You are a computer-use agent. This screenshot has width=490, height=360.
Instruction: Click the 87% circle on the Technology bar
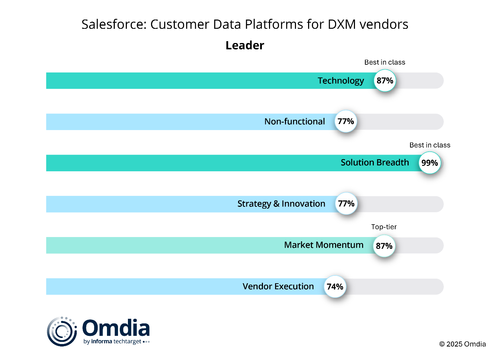[x=385, y=81]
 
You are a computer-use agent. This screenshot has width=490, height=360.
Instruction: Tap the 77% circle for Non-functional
[x=346, y=121]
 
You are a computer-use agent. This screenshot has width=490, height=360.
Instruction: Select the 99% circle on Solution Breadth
[x=430, y=163]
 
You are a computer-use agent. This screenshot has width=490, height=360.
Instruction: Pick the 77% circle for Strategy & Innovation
[x=346, y=204]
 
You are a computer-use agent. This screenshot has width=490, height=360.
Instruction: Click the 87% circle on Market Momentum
[x=384, y=246]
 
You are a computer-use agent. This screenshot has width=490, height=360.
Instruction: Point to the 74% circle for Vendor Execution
[x=335, y=286]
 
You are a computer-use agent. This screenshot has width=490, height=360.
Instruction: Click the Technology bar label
[x=341, y=81]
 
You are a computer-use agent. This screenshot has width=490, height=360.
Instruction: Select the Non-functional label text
[x=295, y=122]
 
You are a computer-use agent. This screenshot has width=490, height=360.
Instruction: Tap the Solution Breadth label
[x=375, y=162]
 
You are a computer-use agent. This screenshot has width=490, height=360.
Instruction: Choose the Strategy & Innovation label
[x=281, y=204]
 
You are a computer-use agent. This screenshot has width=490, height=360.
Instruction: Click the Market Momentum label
[x=324, y=245]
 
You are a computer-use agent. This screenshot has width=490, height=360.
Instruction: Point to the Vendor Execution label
[x=278, y=286]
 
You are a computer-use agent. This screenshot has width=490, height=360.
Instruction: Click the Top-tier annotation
[x=384, y=227]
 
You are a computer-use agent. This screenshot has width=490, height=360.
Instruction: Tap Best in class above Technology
[x=385, y=62]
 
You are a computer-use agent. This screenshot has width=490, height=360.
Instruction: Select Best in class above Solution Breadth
[x=430, y=145]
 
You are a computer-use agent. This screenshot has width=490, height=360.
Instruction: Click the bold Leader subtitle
[x=245, y=45]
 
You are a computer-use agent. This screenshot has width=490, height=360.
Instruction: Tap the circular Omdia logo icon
[x=62, y=331]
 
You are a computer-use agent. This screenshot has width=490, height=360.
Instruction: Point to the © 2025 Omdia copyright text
[x=462, y=344]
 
